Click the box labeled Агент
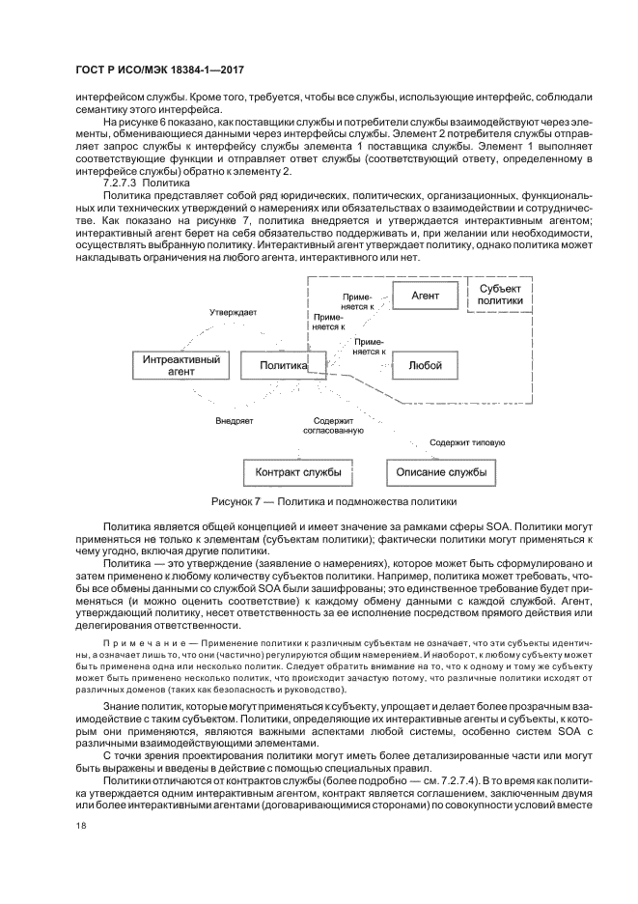pyautogui.click(x=425, y=294)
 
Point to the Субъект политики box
pyautogui.click(x=501, y=294)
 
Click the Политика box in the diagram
pyautogui.click(x=280, y=365)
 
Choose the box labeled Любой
pyautogui.click(x=425, y=365)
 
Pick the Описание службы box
pyautogui.click(x=441, y=472)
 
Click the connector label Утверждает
pyautogui.click(x=235, y=313)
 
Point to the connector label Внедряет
pyautogui.click(x=234, y=421)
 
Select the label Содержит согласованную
pyautogui.click(x=333, y=426)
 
